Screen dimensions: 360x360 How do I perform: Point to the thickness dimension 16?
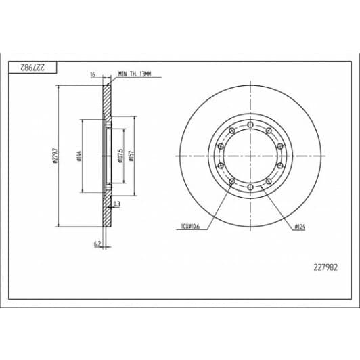coord(92,75)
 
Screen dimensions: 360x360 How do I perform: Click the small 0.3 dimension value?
coord(117,203)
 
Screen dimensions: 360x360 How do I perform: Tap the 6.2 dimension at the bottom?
coord(98,243)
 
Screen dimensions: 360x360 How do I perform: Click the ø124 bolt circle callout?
coord(300,227)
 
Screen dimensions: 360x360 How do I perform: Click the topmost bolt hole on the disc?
coord(250,125)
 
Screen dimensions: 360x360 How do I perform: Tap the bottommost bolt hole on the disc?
coord(250,187)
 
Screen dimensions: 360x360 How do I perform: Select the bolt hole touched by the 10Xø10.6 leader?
coord(232,181)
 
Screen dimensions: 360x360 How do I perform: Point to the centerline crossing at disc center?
coord(250,156)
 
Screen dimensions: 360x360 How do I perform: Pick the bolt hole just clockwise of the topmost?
coord(269,131)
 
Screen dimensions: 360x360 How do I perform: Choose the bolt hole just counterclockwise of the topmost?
coord(232,131)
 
